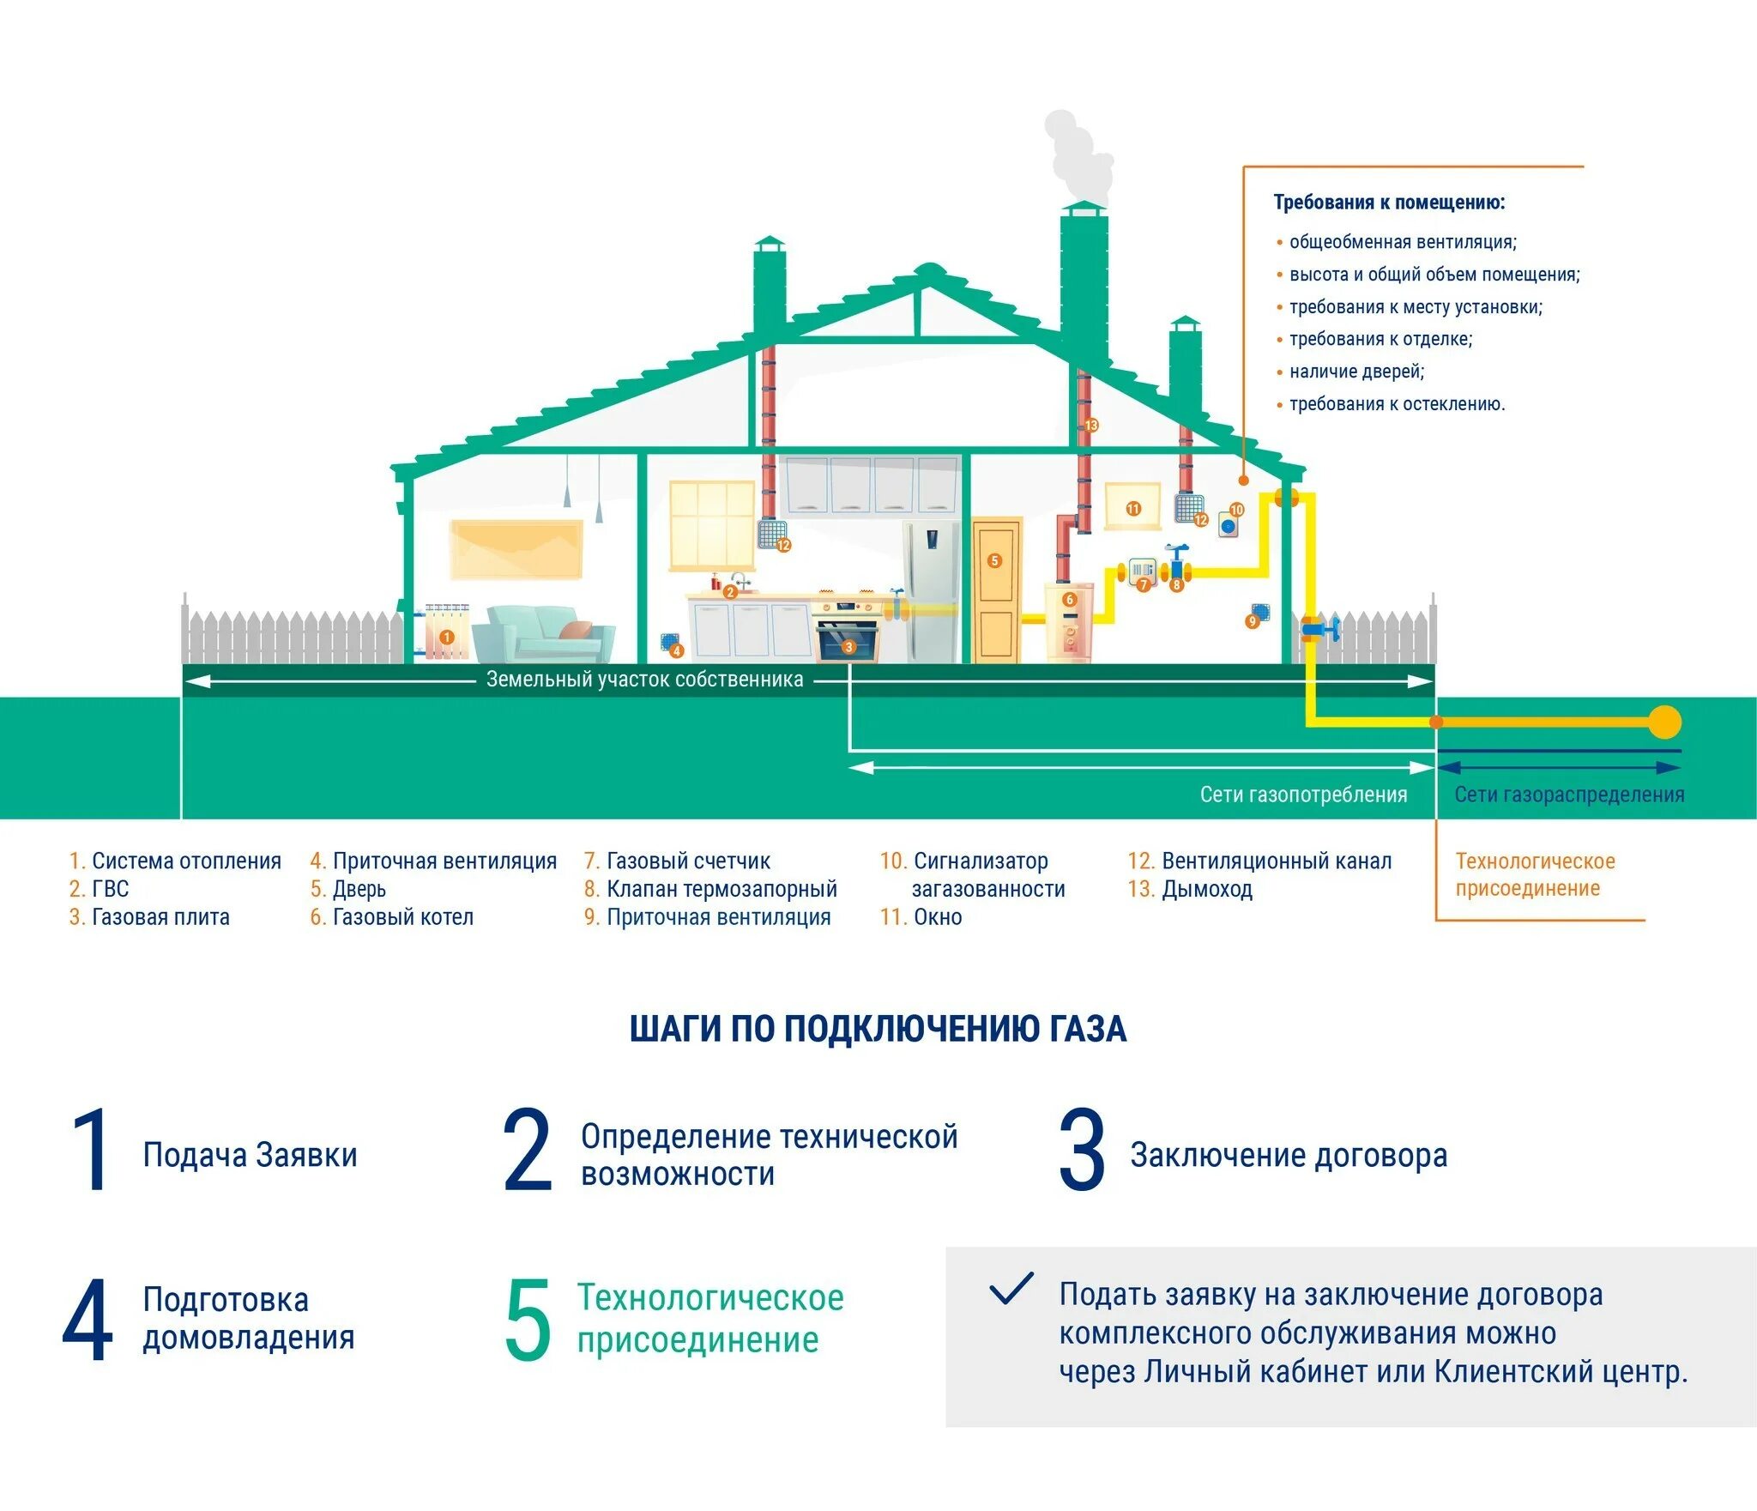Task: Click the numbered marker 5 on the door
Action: point(994,561)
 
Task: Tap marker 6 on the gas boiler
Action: point(1069,600)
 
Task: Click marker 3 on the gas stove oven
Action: point(848,647)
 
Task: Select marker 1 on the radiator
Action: point(446,637)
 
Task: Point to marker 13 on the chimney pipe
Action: point(1091,426)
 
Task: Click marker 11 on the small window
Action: point(1133,509)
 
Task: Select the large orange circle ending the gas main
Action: point(1665,722)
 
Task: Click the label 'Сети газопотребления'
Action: point(1302,795)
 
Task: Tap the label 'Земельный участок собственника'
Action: point(644,680)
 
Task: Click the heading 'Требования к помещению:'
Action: point(1389,202)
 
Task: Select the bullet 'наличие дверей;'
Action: point(1355,372)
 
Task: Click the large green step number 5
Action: point(527,1319)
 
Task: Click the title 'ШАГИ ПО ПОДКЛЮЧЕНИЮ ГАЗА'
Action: point(878,1029)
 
